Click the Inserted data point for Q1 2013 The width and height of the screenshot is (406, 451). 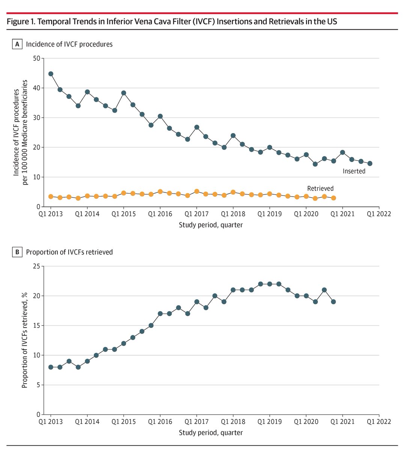coord(51,74)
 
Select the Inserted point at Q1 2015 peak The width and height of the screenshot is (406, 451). coord(123,93)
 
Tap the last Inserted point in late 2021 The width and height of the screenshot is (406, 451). coord(370,163)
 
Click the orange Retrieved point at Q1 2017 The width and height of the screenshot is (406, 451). coord(197,191)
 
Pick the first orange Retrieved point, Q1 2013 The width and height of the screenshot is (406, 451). coord(51,197)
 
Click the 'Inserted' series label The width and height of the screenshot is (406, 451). coord(354,171)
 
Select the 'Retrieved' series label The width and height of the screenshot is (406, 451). coord(320,188)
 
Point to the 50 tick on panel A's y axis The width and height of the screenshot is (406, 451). coord(37,59)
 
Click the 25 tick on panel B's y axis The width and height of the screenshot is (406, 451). coord(37,266)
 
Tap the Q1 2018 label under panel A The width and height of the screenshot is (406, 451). coord(233,214)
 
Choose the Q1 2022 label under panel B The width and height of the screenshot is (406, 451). coord(379,422)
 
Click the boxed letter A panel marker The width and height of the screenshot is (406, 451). coord(17,44)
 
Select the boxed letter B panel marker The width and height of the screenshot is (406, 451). coord(17,252)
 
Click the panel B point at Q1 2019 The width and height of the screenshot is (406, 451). coord(270,284)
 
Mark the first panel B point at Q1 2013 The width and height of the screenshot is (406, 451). coord(51,367)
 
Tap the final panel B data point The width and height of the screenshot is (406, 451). coord(334,302)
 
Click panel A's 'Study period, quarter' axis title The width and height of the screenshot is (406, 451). coord(211,225)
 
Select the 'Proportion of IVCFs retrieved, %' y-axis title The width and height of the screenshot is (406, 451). coord(24,340)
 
